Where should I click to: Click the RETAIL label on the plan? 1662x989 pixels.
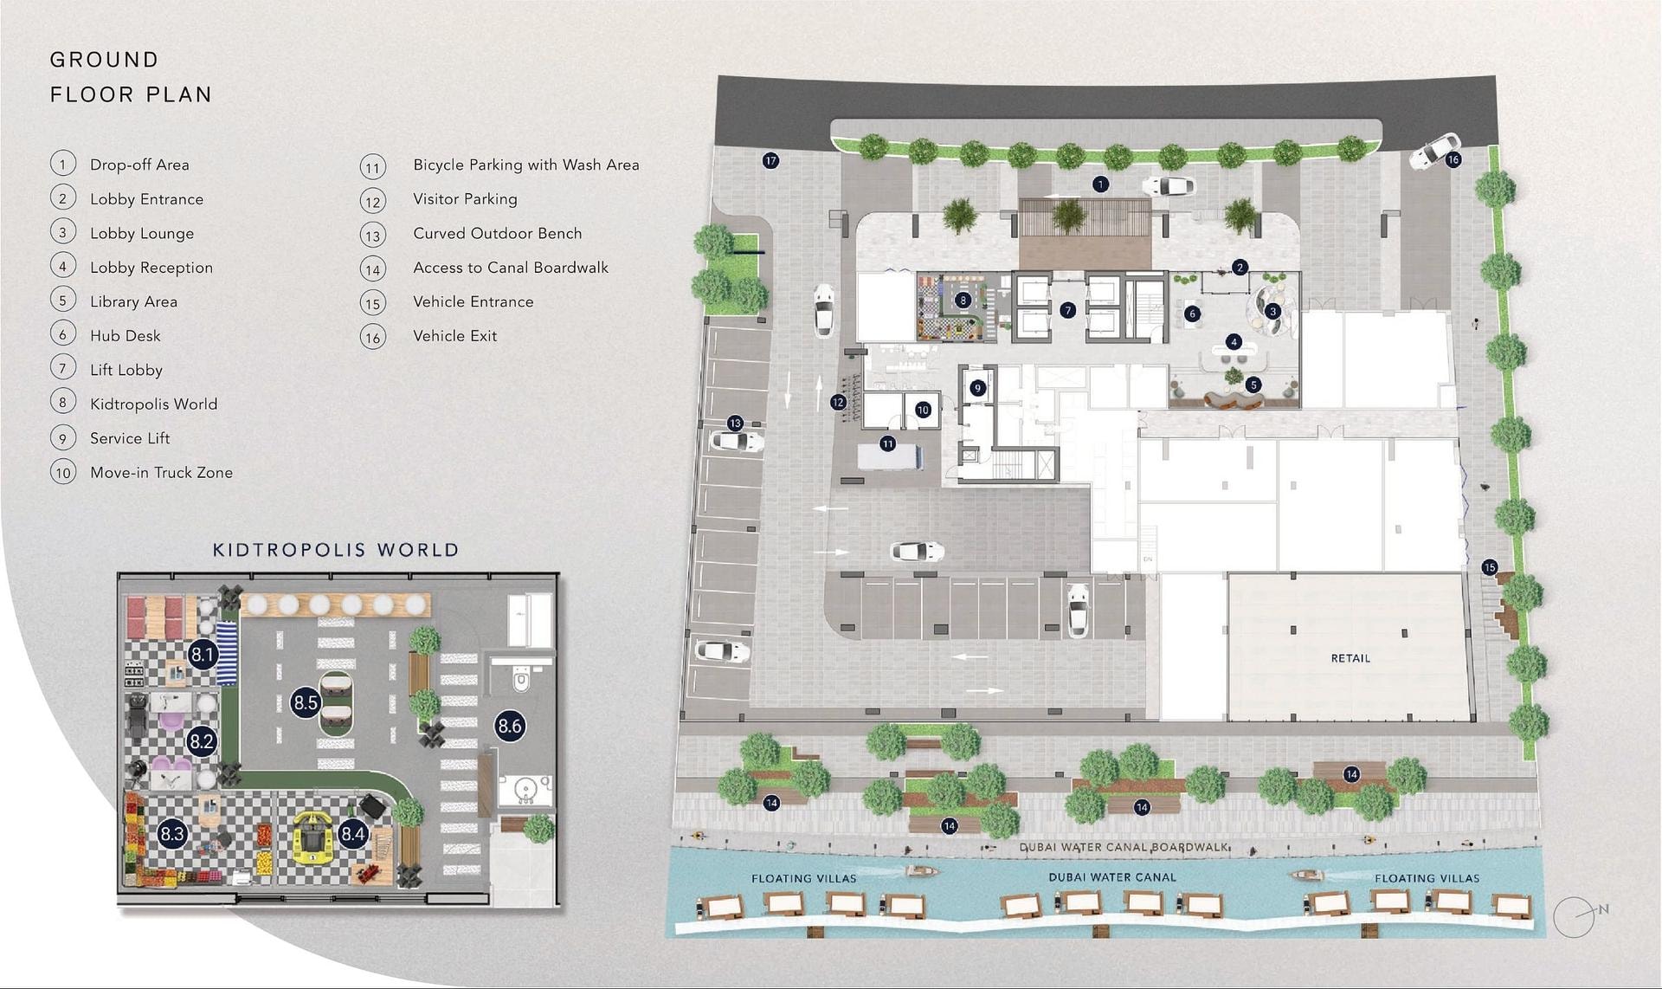tap(1350, 658)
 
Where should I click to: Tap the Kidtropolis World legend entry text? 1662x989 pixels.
tap(154, 404)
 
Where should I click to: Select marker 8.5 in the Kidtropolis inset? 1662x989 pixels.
tap(306, 702)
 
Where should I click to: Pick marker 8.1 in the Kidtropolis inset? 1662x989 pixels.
tap(203, 655)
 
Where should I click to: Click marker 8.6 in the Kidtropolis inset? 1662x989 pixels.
tap(510, 726)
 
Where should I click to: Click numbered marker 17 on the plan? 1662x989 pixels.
tap(770, 160)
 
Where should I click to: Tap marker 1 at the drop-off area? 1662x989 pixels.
tap(1100, 184)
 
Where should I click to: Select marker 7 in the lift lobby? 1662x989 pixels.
tap(1068, 309)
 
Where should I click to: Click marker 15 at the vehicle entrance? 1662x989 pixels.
tap(1489, 567)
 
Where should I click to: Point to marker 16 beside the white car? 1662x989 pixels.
tap(1453, 159)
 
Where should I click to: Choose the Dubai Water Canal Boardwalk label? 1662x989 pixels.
tap(1124, 847)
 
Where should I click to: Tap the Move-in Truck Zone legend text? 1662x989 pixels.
tap(162, 473)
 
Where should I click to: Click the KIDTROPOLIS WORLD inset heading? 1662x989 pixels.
tap(336, 550)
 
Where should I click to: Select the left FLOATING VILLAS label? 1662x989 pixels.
tap(803, 878)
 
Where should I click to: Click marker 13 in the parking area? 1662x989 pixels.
tap(735, 423)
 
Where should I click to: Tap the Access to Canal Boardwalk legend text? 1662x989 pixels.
tap(511, 268)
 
